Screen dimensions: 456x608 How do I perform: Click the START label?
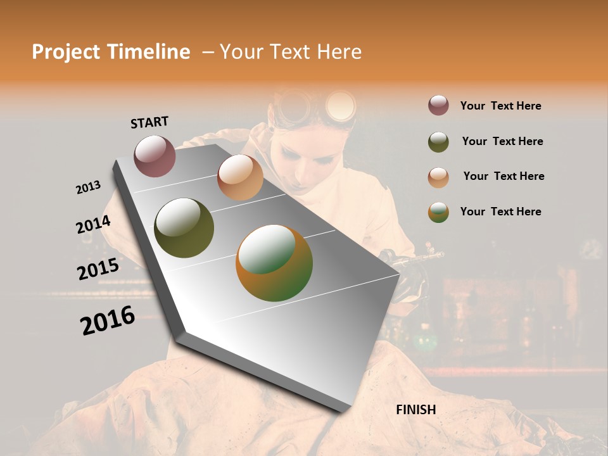click(x=149, y=122)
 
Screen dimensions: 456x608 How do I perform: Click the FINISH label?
click(x=415, y=410)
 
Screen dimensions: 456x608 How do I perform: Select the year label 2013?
click(x=88, y=187)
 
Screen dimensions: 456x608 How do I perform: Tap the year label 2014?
click(x=93, y=225)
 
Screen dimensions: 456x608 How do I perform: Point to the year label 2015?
click(x=98, y=269)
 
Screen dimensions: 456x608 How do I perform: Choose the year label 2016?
click(x=108, y=320)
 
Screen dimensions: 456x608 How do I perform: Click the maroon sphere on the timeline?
click(x=155, y=156)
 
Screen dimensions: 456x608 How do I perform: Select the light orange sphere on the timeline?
click(x=240, y=177)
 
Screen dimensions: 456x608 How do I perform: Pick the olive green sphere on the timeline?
click(x=184, y=228)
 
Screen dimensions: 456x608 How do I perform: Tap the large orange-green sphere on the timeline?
click(x=274, y=263)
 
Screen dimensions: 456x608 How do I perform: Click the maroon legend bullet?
click(x=438, y=106)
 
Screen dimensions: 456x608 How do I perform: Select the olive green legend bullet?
click(x=438, y=142)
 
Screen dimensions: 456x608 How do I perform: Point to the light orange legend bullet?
click(x=438, y=177)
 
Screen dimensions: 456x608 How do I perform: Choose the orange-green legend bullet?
click(x=438, y=212)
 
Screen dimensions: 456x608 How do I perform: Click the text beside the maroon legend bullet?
click(x=500, y=106)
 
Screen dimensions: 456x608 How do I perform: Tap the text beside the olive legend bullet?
click(x=502, y=141)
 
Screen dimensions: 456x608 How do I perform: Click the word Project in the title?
click(x=66, y=52)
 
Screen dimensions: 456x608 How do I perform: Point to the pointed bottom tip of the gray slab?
click(x=343, y=411)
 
